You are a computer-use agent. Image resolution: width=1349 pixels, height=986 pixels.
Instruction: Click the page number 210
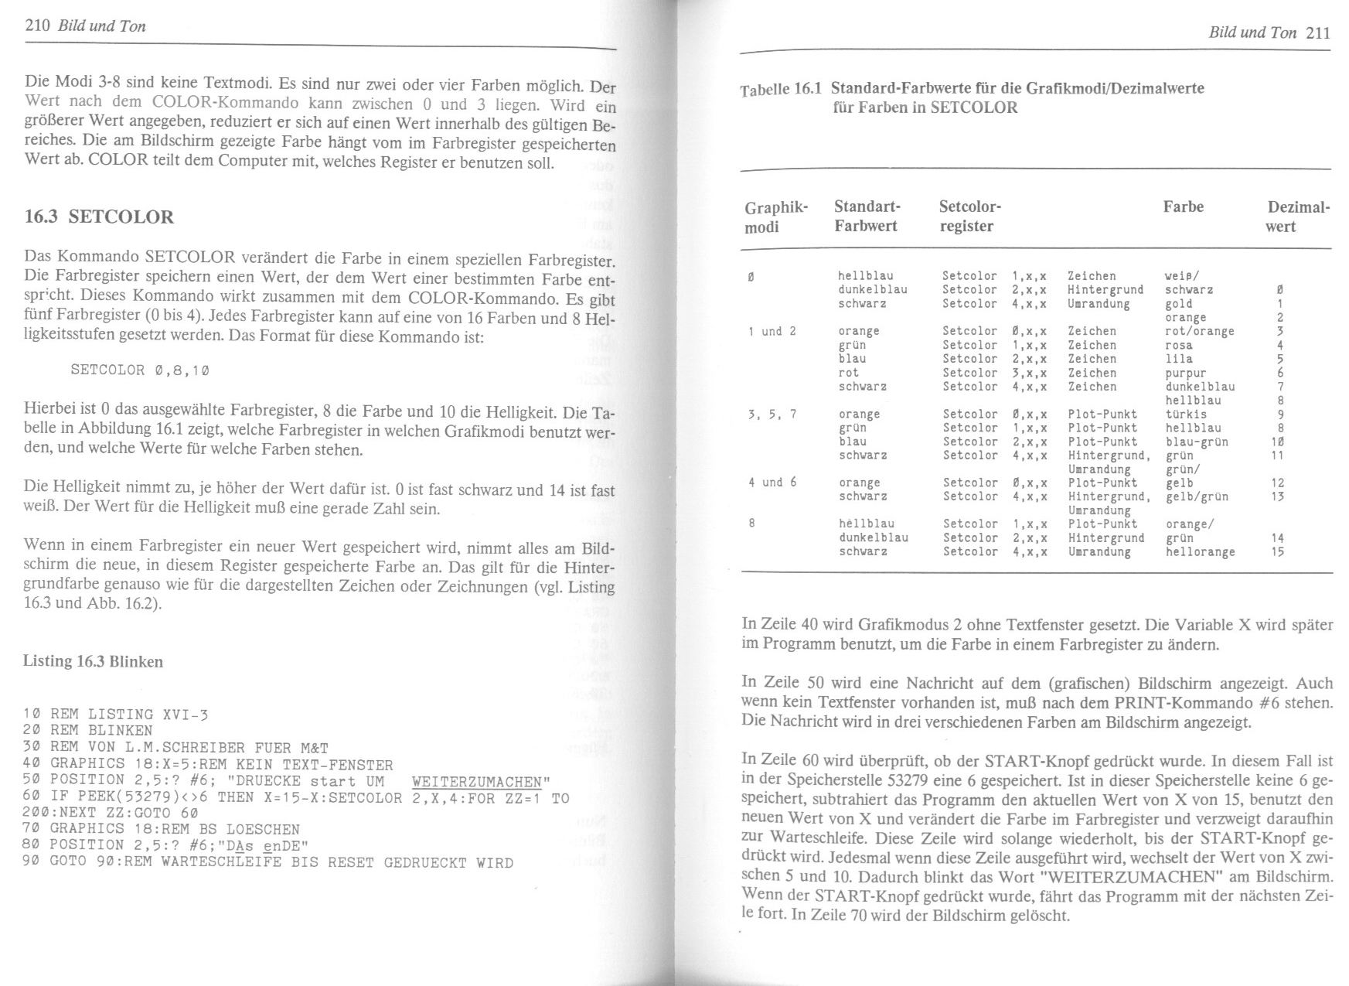tap(37, 26)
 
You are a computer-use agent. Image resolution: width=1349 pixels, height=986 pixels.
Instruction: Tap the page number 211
tap(1317, 32)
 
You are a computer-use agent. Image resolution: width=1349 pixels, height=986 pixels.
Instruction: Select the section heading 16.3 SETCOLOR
tap(99, 217)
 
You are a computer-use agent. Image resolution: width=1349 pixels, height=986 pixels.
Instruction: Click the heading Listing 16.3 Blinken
tap(93, 661)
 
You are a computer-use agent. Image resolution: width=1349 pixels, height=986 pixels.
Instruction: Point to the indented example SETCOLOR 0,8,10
tap(140, 370)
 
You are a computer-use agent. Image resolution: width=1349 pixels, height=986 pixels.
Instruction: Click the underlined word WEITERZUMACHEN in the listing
tap(477, 782)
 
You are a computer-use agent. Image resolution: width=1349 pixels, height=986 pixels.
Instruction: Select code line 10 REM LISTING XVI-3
tap(116, 714)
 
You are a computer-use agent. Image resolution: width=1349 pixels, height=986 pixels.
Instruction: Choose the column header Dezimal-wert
tap(1298, 217)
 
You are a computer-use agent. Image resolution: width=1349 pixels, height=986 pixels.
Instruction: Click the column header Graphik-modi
tap(775, 217)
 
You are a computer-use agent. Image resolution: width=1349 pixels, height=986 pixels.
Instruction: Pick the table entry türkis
tap(1186, 415)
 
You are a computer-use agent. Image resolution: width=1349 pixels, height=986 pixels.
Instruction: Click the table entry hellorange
tap(1200, 552)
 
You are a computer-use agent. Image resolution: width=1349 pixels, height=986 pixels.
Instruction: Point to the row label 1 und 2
tap(772, 332)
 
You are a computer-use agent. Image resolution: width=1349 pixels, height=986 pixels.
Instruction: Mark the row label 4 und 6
tap(772, 483)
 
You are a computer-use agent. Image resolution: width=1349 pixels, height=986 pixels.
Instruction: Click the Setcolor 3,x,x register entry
tap(993, 373)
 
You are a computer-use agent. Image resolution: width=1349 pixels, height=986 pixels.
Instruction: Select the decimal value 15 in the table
tap(1277, 552)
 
